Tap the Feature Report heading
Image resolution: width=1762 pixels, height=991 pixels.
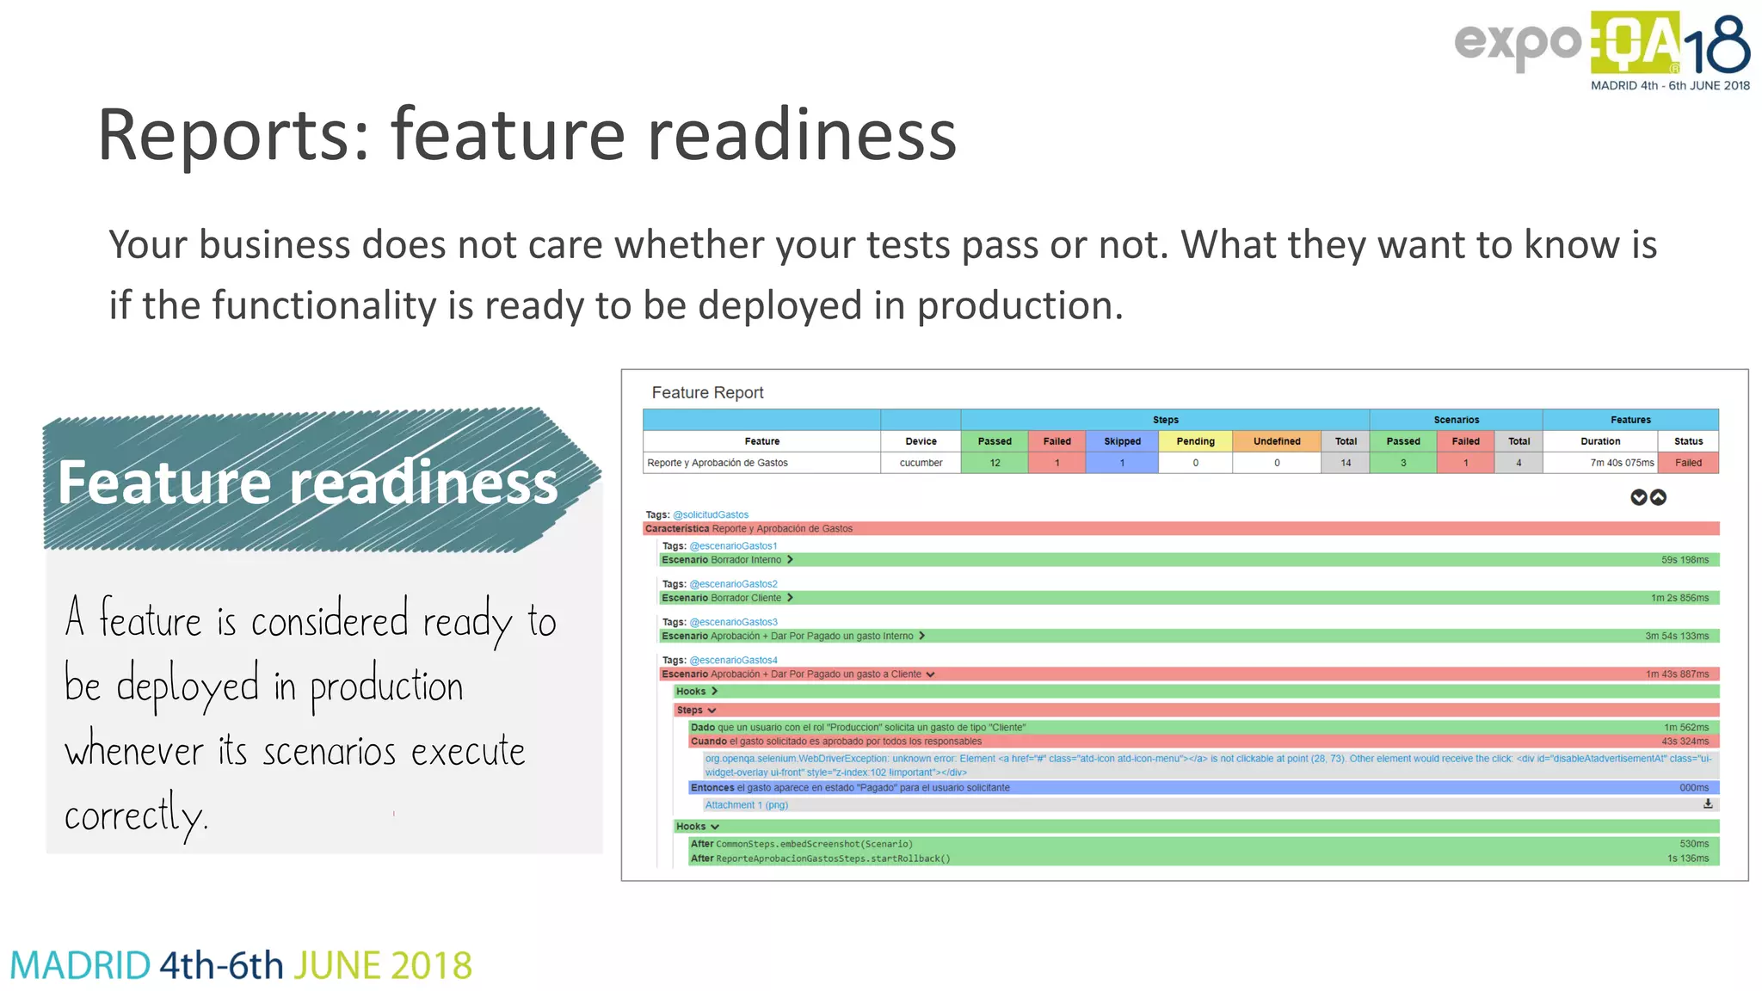[x=707, y=392]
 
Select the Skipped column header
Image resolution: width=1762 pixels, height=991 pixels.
[x=1122, y=441]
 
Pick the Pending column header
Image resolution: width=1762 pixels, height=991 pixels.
[x=1195, y=441]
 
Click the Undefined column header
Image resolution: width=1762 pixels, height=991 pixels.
[x=1277, y=441]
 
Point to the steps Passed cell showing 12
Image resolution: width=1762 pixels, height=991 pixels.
[x=995, y=463]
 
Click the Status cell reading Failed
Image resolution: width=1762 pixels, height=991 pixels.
[x=1688, y=463]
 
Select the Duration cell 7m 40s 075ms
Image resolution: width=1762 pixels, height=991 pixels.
[x=1622, y=463]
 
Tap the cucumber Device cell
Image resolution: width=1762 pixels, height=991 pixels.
[x=921, y=463]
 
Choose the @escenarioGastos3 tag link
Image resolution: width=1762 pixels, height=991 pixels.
[x=733, y=622]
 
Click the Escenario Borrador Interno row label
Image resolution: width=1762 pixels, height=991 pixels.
[x=722, y=560]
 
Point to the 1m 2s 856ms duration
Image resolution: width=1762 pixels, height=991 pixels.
[x=1679, y=598]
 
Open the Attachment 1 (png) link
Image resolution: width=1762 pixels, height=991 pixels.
[x=746, y=805]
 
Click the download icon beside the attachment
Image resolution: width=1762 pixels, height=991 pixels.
[x=1708, y=804]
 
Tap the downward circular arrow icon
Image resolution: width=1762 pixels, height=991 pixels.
[x=1638, y=497]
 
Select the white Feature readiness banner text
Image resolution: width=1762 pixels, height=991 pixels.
[x=307, y=482]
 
